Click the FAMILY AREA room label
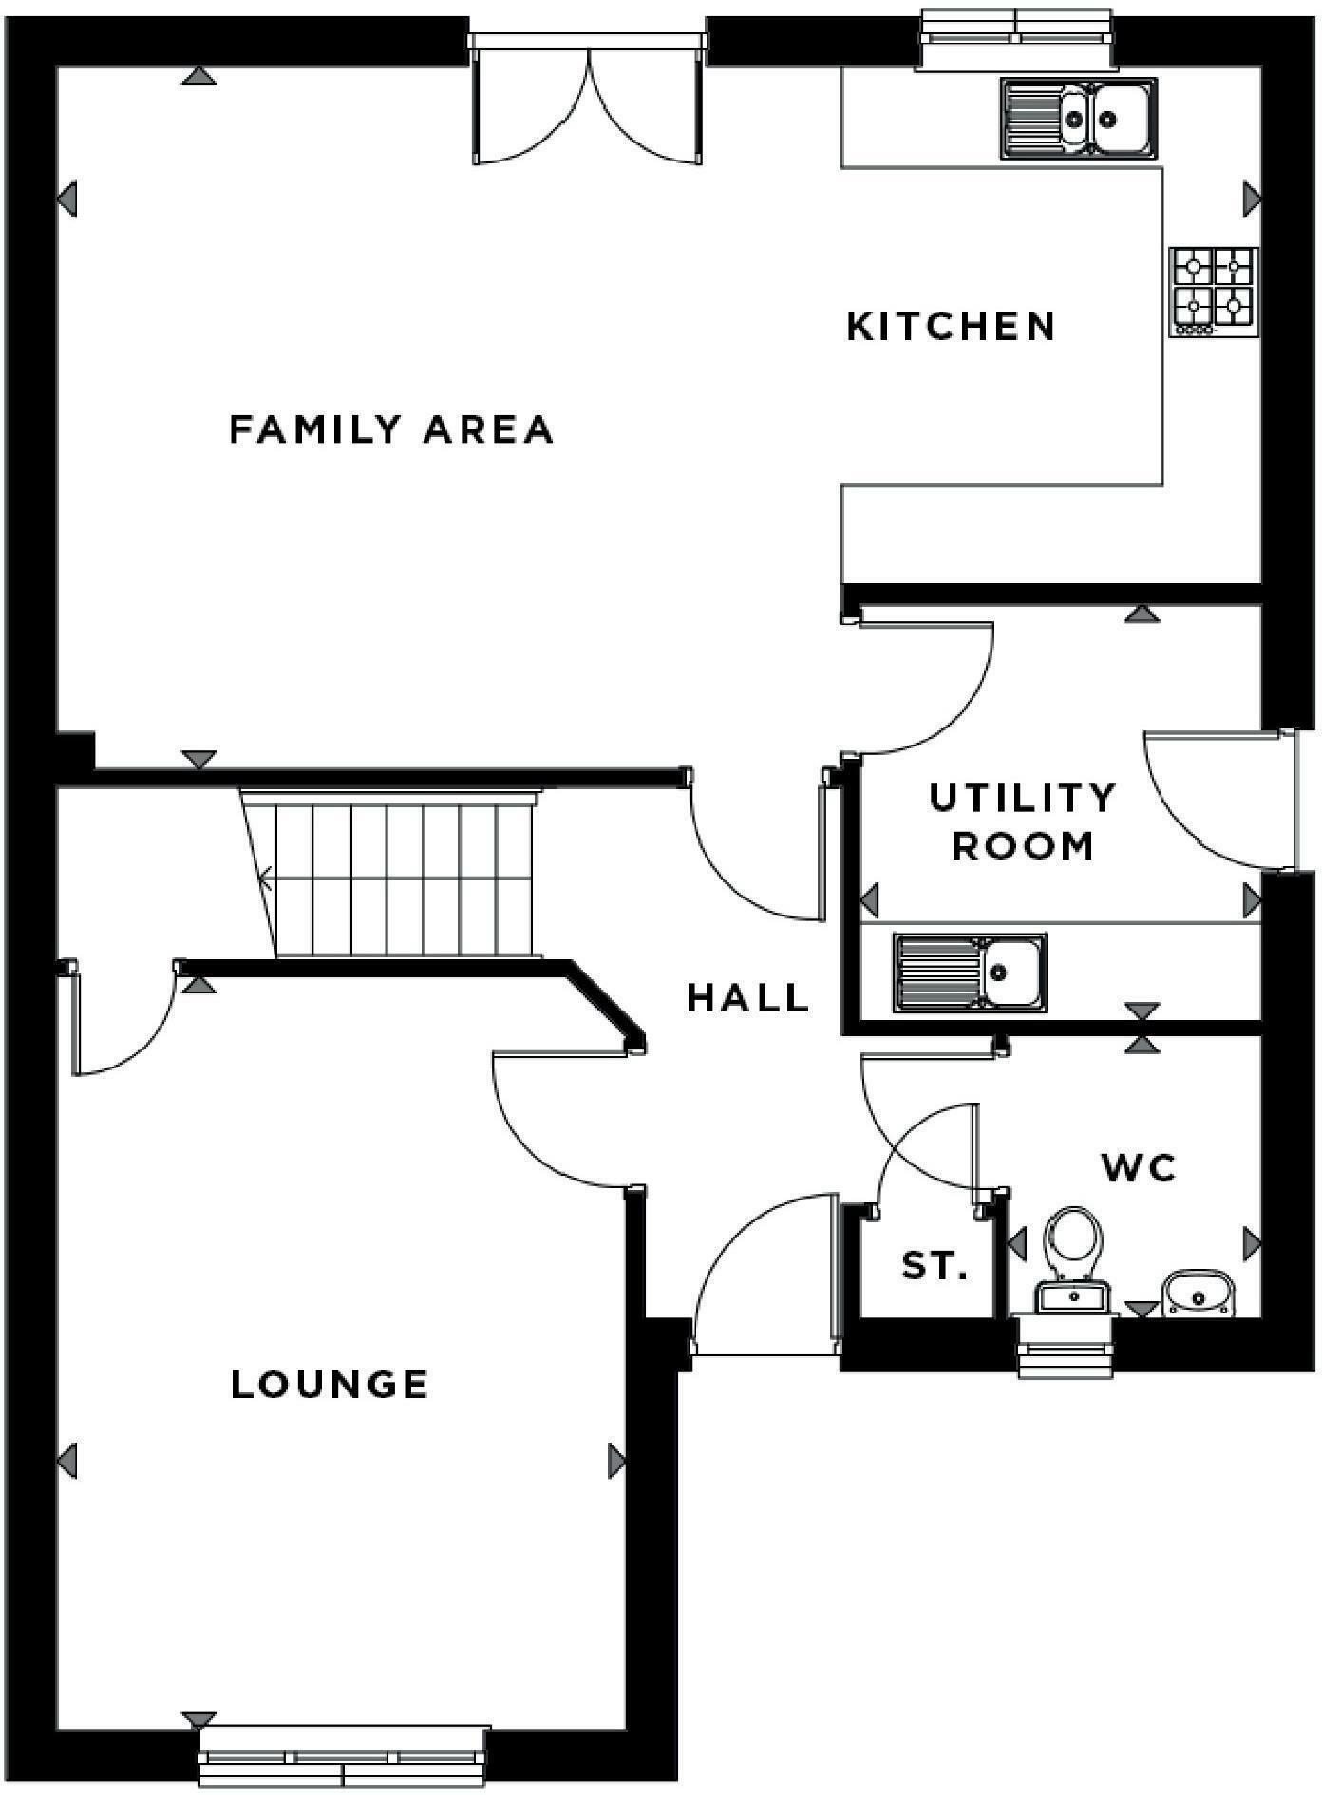click(x=390, y=429)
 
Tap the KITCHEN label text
click(x=951, y=327)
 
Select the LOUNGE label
click(x=330, y=1385)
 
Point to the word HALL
click(x=748, y=998)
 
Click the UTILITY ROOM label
click(x=1023, y=822)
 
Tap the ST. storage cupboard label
click(x=935, y=1265)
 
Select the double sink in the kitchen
click(x=1080, y=118)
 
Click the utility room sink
click(x=970, y=972)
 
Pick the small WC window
click(x=1065, y=1347)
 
